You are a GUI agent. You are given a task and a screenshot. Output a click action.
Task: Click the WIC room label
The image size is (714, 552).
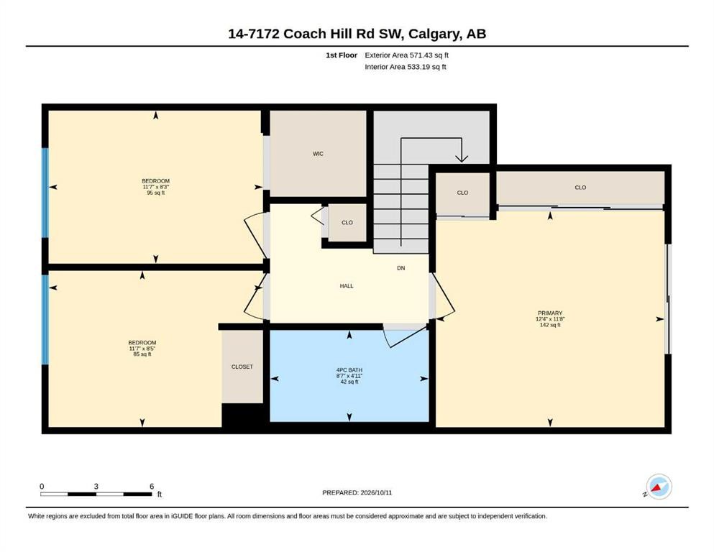click(x=318, y=154)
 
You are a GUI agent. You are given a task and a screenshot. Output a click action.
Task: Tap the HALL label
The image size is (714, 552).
click(x=347, y=286)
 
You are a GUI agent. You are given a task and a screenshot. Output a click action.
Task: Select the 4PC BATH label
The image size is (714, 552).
click(x=349, y=370)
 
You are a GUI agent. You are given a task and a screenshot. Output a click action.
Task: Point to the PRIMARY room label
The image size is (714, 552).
click(x=550, y=313)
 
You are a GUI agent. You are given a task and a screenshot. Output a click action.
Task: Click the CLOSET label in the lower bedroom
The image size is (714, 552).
click(x=242, y=367)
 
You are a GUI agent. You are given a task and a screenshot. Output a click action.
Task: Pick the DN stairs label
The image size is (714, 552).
click(x=401, y=268)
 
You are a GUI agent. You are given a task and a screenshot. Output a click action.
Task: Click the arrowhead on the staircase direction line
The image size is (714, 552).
click(x=462, y=157)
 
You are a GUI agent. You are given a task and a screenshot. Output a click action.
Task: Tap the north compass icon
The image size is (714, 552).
click(x=659, y=487)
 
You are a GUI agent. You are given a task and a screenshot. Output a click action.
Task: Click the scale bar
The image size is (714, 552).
click(x=96, y=494)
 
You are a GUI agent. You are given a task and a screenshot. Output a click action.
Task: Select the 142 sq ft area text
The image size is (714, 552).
click(x=550, y=325)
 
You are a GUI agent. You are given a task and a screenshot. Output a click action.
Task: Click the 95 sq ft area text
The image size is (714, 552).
click(x=156, y=193)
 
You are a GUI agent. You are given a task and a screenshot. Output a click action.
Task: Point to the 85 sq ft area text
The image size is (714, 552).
click(x=142, y=354)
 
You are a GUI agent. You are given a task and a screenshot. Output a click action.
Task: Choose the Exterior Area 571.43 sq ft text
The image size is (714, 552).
click(x=407, y=55)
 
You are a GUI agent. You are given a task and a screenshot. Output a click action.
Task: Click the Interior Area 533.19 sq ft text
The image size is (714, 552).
click(x=406, y=67)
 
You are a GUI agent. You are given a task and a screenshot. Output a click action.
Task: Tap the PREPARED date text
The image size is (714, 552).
click(x=357, y=492)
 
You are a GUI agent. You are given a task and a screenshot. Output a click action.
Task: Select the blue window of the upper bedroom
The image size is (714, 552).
click(x=45, y=193)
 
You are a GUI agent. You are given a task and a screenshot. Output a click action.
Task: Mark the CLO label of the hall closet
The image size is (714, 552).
click(x=347, y=223)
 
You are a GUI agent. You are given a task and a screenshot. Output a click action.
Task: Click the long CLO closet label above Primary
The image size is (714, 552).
click(x=580, y=188)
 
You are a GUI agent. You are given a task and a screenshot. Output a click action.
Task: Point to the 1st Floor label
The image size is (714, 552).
click(x=342, y=55)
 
